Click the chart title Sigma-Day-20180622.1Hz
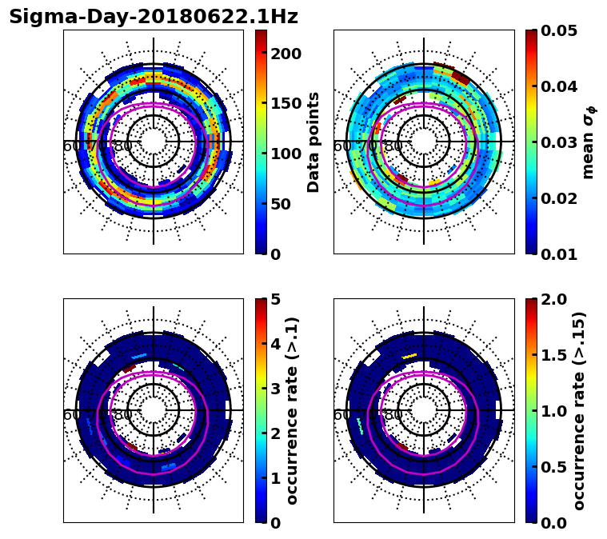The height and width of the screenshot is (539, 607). coord(153,17)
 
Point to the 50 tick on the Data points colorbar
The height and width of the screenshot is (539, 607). coord(286,204)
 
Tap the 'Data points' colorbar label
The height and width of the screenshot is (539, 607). coord(313,142)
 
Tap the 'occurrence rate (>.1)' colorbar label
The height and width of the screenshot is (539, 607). coord(293,411)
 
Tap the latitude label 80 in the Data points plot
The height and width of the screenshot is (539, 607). coord(123,146)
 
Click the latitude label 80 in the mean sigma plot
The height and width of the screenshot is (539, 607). coord(393,146)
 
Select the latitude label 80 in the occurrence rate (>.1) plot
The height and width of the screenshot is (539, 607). coord(123,415)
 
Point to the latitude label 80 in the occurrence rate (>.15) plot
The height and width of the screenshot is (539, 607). coord(393,415)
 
